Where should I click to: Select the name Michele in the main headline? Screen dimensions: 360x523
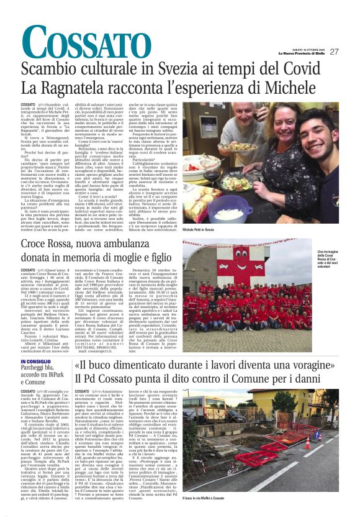tap(292, 88)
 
